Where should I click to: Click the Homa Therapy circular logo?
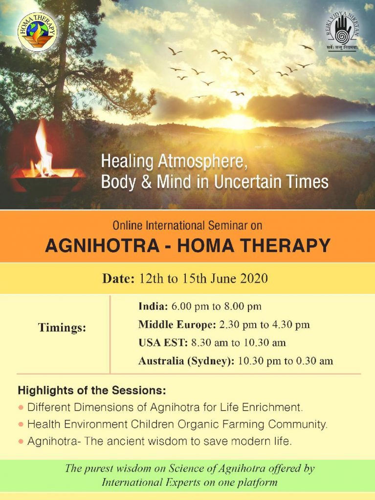tap(38, 32)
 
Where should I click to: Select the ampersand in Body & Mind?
tap(146, 182)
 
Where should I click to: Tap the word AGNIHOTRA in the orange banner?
tap(102, 246)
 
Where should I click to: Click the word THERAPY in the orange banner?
tap(285, 246)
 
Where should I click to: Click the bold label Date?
tap(118, 278)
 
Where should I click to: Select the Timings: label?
tap(62, 328)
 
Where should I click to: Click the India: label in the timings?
tap(153, 307)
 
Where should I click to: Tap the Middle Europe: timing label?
tap(177, 325)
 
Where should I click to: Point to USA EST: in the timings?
tap(163, 343)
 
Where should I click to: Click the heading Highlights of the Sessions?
tap(92, 390)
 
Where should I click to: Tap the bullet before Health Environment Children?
tap(21, 424)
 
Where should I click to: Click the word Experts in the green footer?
tap(183, 482)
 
